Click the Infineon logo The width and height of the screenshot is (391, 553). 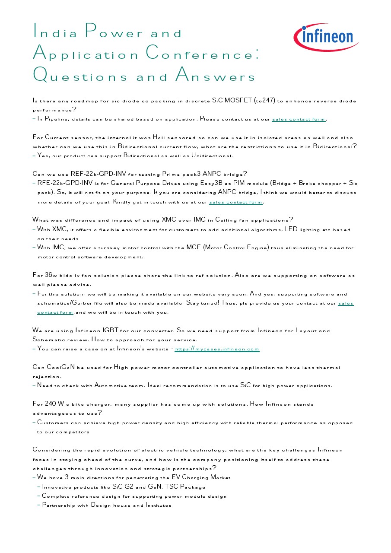click(x=326, y=37)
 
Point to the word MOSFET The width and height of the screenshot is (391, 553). click(x=237, y=101)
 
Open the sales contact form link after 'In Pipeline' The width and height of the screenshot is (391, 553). click(x=299, y=119)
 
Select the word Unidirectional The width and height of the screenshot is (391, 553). click(x=209, y=156)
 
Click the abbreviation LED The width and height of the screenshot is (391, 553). click(x=291, y=229)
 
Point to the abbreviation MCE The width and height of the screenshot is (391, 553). click(x=194, y=248)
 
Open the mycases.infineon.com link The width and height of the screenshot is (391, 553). click(x=217, y=349)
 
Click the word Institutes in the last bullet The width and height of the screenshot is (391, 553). click(x=158, y=505)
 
